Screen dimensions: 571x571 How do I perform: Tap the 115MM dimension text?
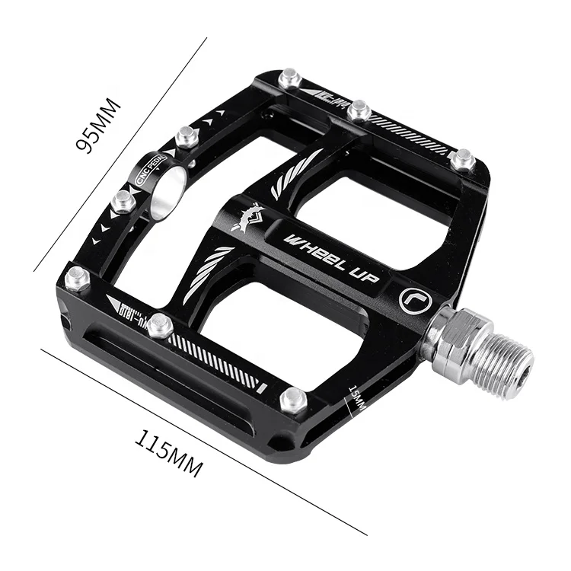point(168,453)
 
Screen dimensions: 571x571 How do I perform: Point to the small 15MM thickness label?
point(357,399)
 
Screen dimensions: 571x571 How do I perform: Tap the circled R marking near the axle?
point(416,300)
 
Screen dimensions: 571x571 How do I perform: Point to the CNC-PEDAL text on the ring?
point(145,172)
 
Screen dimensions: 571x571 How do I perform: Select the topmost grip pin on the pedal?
point(289,78)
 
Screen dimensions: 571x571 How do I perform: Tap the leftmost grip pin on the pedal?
point(77,278)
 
